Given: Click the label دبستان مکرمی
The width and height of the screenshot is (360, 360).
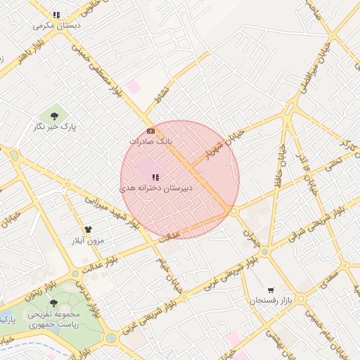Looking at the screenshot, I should click(x=57, y=25).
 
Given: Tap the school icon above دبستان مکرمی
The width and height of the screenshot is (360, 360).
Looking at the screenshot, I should click(x=56, y=15).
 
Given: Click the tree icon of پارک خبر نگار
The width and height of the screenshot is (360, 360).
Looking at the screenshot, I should click(x=54, y=115).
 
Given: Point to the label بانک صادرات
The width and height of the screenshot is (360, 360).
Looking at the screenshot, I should click(x=150, y=141).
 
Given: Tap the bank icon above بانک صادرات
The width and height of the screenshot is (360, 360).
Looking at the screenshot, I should click(x=150, y=131).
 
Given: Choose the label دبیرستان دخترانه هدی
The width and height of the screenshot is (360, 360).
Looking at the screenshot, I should click(x=154, y=188).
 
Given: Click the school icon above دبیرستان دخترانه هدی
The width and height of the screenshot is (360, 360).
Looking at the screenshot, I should click(x=155, y=177).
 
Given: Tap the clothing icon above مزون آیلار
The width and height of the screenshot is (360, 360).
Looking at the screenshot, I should click(x=88, y=230).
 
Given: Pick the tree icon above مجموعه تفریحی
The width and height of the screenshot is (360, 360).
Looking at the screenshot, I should click(x=54, y=303).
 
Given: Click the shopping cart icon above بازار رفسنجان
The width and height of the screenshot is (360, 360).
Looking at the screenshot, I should click(x=271, y=290).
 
